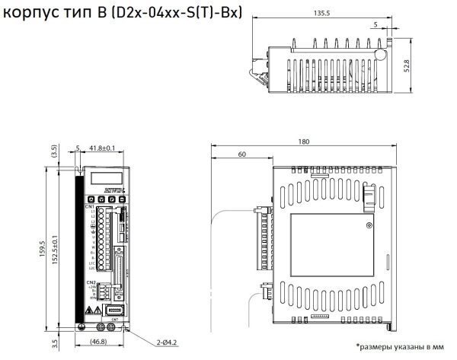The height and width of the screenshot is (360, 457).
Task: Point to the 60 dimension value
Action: (x=241, y=155)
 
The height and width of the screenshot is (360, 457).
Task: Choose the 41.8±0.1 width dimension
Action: (x=102, y=148)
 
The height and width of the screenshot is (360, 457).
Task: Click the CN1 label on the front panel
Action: (x=90, y=206)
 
